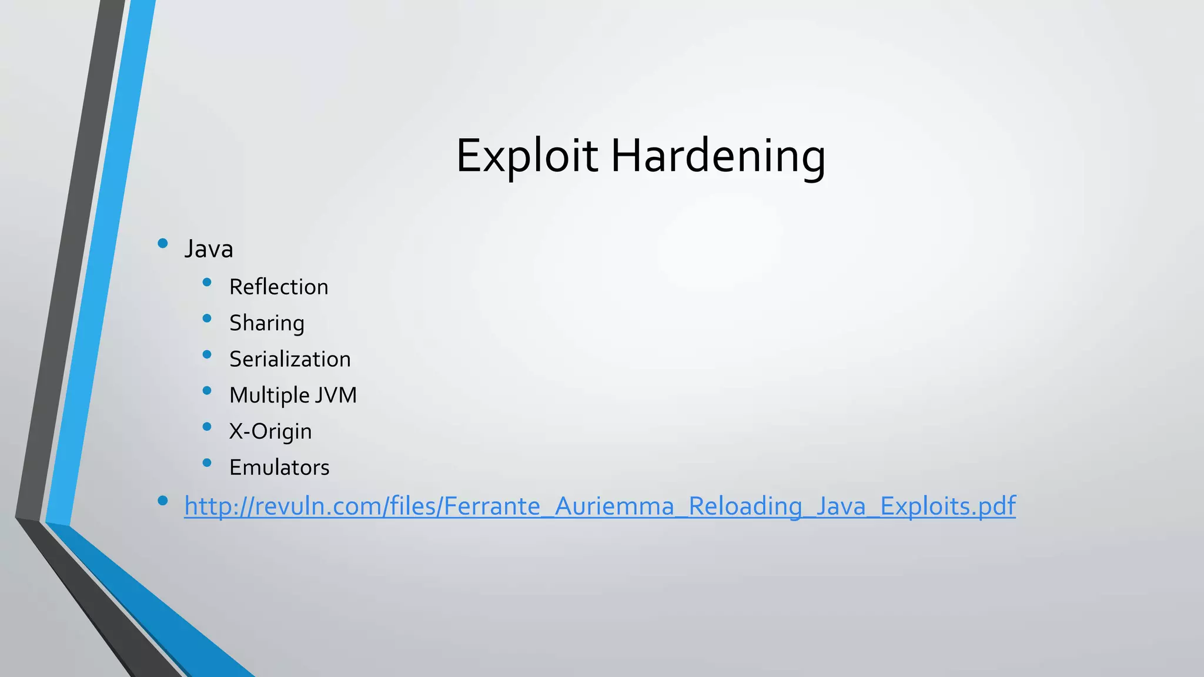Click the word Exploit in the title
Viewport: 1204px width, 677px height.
527,156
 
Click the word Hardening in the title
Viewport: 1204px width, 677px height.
718,156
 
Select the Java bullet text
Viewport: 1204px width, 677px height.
209,249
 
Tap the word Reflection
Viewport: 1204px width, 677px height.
279,287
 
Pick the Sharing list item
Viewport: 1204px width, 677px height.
267,323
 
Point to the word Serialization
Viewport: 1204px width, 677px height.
290,359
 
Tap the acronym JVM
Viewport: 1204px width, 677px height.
336,395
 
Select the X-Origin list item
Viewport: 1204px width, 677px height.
270,431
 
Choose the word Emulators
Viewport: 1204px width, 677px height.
279,468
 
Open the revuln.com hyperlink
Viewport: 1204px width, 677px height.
600,506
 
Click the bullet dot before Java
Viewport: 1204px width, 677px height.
163,243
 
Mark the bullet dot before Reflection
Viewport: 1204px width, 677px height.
206,283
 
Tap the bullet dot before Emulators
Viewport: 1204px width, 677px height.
206,463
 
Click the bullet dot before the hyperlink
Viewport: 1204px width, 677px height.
163,501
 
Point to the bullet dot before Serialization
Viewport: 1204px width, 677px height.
206,354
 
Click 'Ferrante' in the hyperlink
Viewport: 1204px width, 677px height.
491,506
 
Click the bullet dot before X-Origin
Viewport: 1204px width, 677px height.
206,427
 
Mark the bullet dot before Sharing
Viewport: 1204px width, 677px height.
206,319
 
